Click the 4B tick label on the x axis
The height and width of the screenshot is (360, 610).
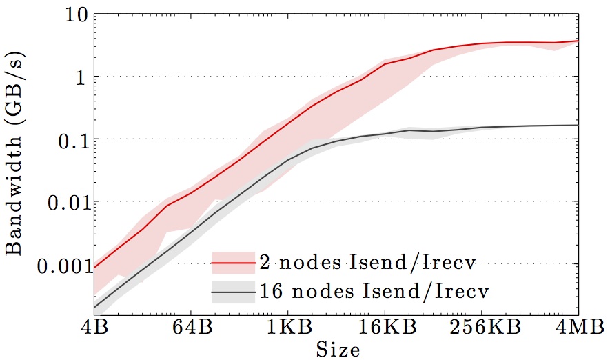click(94, 328)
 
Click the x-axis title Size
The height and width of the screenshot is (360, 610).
click(338, 350)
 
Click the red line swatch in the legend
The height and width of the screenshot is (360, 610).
click(232, 263)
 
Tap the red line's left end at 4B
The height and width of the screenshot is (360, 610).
click(94, 268)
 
